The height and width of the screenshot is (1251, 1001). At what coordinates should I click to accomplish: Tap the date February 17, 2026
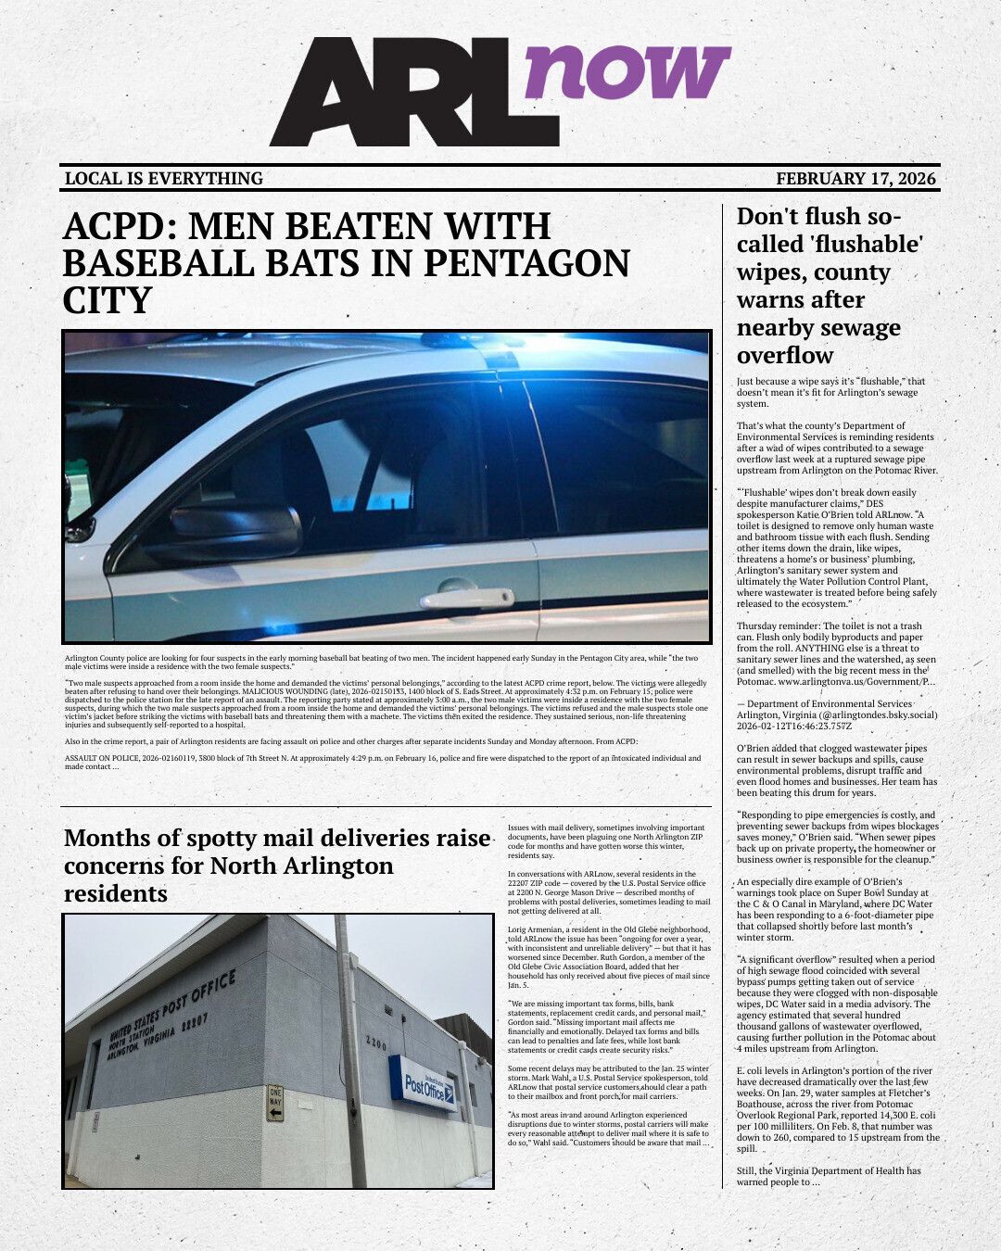click(x=855, y=179)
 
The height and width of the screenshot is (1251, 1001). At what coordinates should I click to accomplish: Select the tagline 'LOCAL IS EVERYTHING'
click(x=164, y=179)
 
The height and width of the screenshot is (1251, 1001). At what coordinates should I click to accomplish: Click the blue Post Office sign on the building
click(x=423, y=1082)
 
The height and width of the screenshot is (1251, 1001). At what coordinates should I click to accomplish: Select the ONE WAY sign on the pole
click(x=275, y=1103)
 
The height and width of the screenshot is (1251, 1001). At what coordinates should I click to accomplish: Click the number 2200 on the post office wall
click(x=376, y=1043)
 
